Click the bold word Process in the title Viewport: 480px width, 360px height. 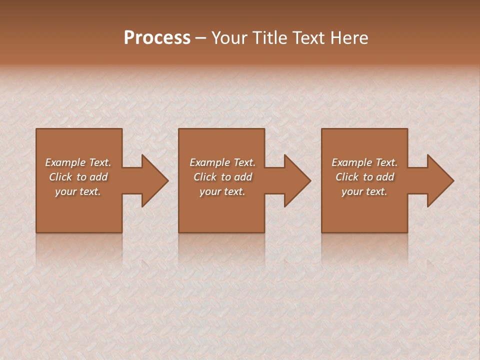157,38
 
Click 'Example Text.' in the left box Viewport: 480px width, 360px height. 78,162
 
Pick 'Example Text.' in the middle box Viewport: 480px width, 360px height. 222,162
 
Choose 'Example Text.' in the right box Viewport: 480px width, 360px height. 364,162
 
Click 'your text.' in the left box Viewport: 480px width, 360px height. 78,191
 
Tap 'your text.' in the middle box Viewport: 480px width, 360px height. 222,191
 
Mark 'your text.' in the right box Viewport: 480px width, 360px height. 364,191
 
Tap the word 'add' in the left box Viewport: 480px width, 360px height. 99,177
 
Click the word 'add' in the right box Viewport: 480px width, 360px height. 385,177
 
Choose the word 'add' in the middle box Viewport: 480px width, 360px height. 243,177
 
